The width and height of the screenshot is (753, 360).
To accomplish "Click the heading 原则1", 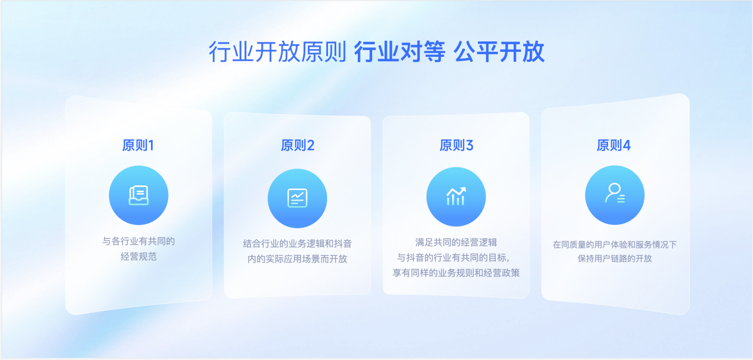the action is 138,145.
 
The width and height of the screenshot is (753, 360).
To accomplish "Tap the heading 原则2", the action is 298,145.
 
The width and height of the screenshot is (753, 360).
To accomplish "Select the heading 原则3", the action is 456,145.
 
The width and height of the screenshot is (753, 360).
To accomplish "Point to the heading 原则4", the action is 614,145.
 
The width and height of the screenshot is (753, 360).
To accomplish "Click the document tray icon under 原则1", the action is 138,195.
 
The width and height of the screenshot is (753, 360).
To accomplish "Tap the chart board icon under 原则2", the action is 298,198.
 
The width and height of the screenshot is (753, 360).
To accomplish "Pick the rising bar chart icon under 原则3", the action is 456,196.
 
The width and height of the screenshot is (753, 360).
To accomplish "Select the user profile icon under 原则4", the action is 615,194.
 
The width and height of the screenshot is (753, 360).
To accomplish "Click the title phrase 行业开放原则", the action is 277,52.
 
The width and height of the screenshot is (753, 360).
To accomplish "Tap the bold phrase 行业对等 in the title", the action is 400,52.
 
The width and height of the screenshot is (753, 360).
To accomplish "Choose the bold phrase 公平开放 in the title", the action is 499,52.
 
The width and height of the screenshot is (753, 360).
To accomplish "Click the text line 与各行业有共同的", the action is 138,241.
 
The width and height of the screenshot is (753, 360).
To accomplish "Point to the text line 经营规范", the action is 138,256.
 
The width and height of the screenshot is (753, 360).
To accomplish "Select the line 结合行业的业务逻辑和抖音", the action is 298,243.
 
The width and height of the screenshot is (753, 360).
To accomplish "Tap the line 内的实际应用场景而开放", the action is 298,259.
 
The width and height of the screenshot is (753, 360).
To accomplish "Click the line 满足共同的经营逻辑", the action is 456,242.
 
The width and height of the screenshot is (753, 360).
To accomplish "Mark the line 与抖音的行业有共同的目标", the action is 454,257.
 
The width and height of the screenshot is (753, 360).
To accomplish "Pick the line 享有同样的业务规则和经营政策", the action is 456,272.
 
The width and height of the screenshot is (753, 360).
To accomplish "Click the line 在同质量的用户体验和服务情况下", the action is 615,244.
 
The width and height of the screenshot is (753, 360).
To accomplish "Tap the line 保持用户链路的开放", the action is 615,258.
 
